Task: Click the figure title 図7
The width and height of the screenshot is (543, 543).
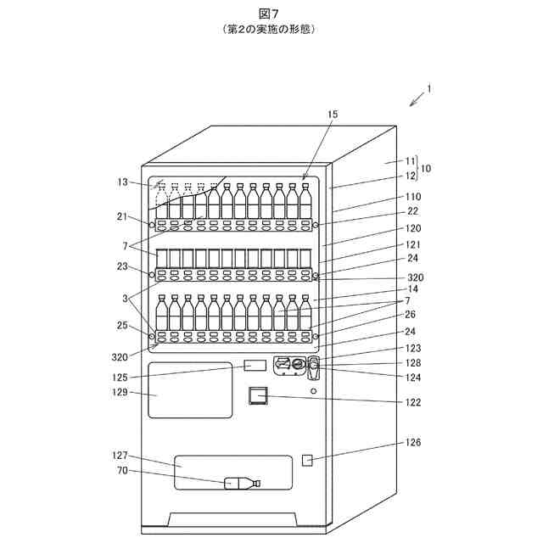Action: tap(271, 13)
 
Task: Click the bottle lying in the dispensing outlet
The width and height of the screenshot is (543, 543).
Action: tap(242, 484)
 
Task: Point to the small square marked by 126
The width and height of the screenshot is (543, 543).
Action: tap(308, 460)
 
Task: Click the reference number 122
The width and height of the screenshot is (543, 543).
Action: tap(413, 402)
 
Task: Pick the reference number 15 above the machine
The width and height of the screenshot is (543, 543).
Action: tap(332, 113)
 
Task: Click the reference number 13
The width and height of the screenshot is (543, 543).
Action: tap(124, 181)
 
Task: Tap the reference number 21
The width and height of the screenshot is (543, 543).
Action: tap(122, 216)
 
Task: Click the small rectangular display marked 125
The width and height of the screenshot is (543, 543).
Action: tap(255, 365)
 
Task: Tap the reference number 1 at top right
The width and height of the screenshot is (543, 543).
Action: tap(429, 88)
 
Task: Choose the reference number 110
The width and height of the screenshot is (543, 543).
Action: tap(413, 196)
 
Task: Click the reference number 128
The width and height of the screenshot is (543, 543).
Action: tap(413, 362)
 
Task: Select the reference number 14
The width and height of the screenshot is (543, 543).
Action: tap(414, 289)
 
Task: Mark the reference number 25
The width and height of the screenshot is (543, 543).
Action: tap(122, 326)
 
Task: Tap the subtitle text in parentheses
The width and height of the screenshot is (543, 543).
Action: tap(271, 28)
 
